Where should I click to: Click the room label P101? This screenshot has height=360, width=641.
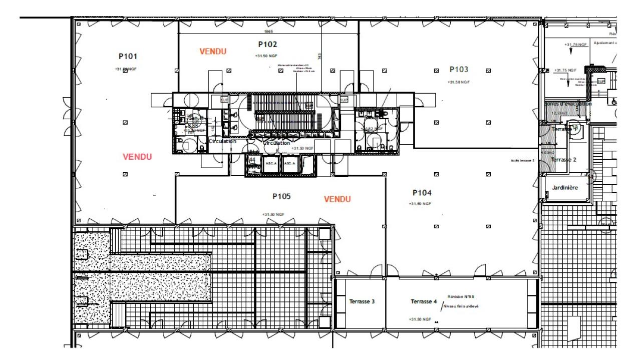(128, 57)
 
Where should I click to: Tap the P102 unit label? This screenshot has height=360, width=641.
(267, 45)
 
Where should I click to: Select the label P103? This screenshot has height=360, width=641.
(459, 70)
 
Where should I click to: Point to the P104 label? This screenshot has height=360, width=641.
(422, 193)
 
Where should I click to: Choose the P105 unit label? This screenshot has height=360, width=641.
(281, 196)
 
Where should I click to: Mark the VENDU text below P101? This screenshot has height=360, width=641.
(137, 157)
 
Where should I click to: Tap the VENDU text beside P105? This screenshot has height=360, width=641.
(337, 199)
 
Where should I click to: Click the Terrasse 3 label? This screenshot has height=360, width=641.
(362, 301)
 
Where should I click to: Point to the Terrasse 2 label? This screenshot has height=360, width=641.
(564, 160)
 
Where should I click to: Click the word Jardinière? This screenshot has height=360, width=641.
(565, 188)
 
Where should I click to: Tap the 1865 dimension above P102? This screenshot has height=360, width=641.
(269, 31)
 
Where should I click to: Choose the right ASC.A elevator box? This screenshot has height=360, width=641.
(290, 164)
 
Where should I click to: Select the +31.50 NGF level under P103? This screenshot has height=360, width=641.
(459, 82)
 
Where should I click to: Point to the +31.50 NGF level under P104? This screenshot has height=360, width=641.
(420, 204)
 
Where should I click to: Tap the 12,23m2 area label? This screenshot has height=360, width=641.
(559, 113)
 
